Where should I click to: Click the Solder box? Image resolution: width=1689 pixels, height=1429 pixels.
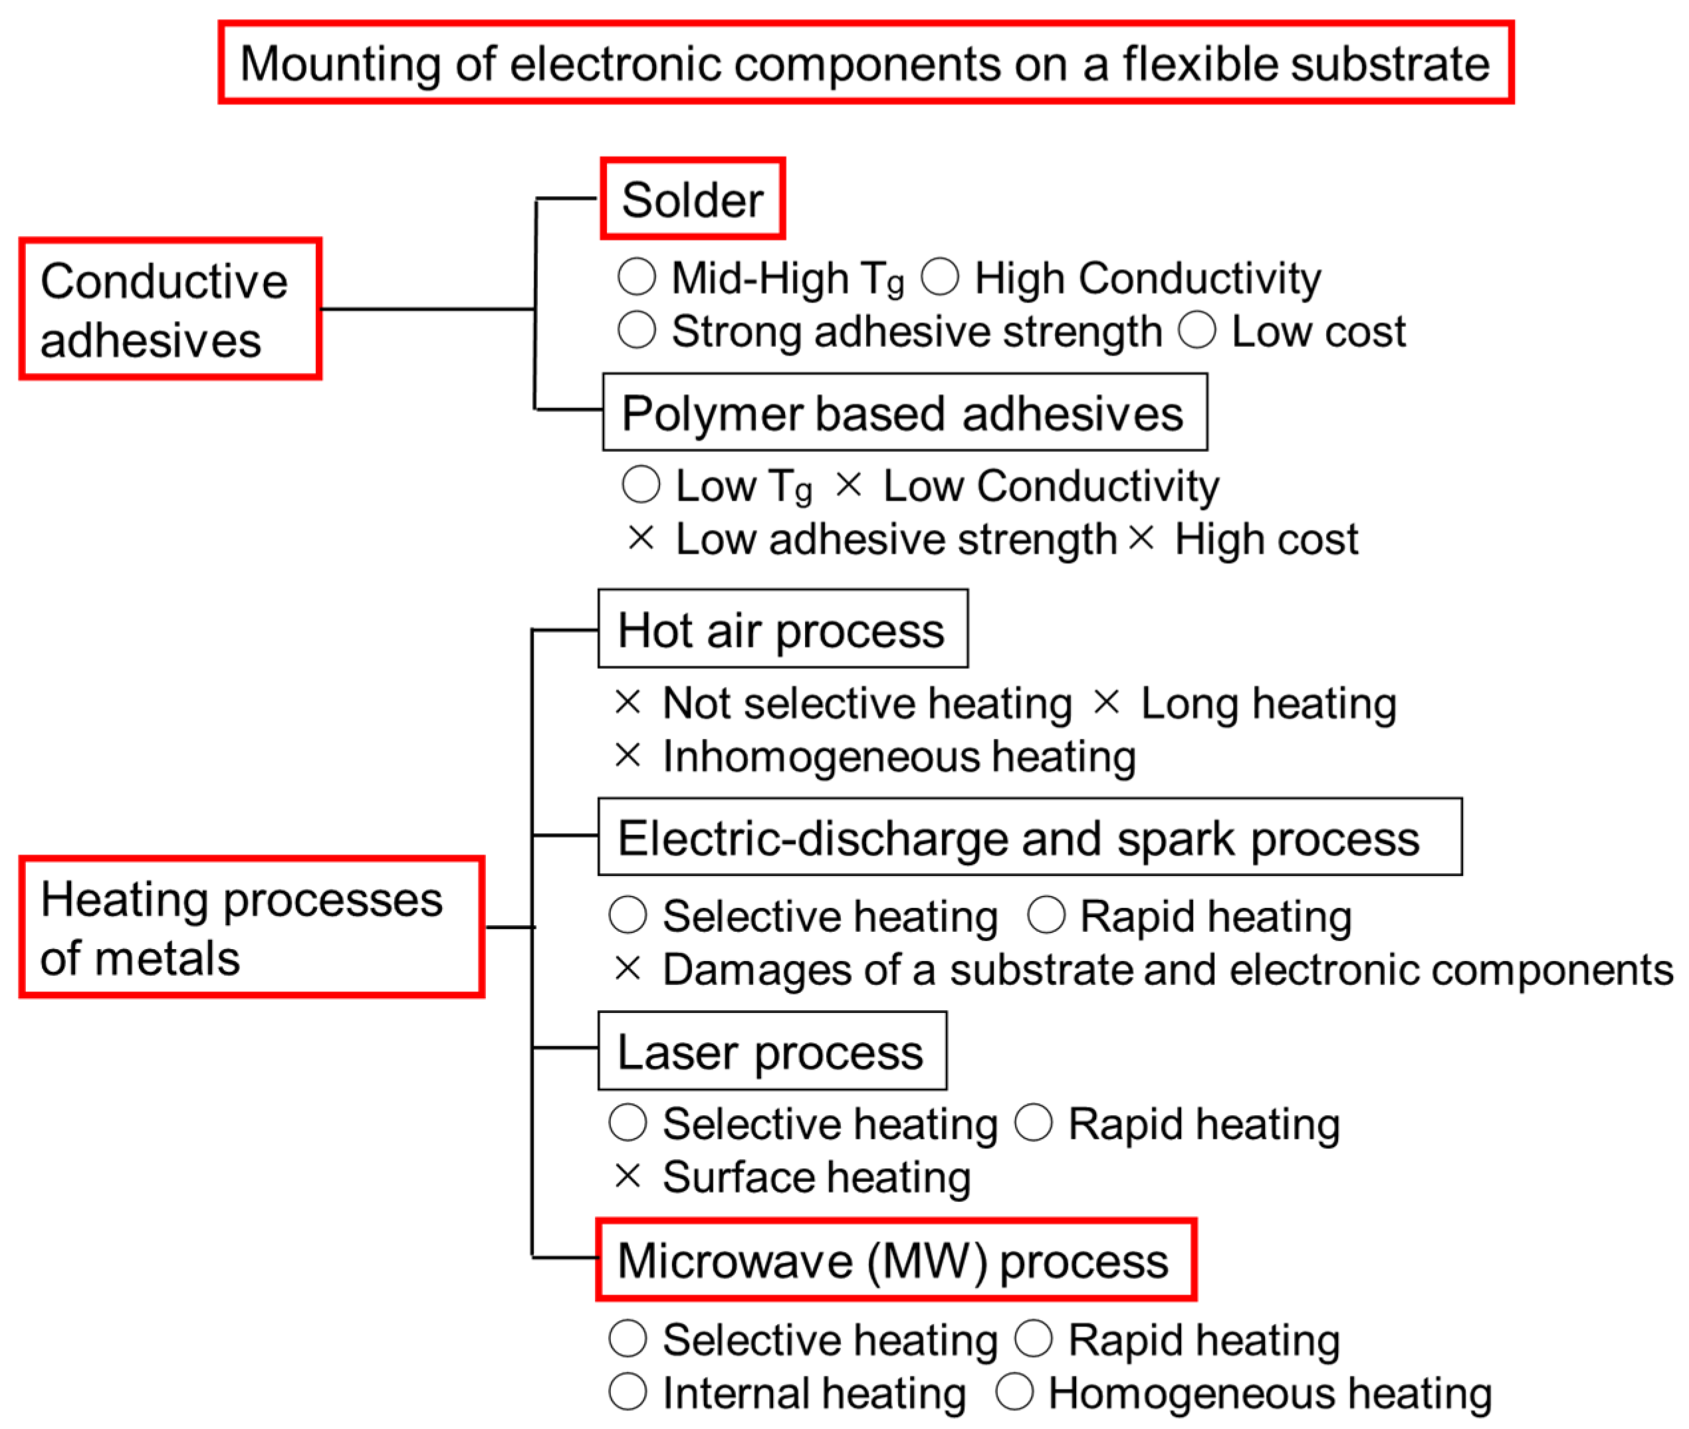click(692, 199)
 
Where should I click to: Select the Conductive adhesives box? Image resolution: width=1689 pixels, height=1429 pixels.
click(170, 308)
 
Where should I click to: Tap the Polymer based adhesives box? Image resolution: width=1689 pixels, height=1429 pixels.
click(904, 412)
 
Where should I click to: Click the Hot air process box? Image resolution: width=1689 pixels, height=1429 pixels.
click(782, 629)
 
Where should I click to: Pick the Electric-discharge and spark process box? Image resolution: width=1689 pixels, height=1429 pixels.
click(1029, 837)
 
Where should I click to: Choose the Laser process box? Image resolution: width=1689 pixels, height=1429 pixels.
click(771, 1051)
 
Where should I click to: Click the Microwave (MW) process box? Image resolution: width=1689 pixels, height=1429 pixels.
click(895, 1260)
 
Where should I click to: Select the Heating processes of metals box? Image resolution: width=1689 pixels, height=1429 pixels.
click(251, 927)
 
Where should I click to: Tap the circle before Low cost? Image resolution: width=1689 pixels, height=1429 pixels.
click(1196, 330)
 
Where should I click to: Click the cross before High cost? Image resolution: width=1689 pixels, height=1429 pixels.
click(1141, 537)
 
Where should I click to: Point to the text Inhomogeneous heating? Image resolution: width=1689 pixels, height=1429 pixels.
click(899, 756)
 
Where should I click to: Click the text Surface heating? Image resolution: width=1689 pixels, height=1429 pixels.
click(816, 1176)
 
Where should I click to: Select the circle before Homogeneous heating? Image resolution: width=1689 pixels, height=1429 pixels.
click(1014, 1392)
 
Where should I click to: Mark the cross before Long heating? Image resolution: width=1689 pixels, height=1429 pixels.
click(1106, 701)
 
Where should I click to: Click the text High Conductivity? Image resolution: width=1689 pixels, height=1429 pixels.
click(1147, 278)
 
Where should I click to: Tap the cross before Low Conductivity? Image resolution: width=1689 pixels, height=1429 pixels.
click(848, 485)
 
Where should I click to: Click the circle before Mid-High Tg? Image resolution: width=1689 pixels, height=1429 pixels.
click(636, 277)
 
